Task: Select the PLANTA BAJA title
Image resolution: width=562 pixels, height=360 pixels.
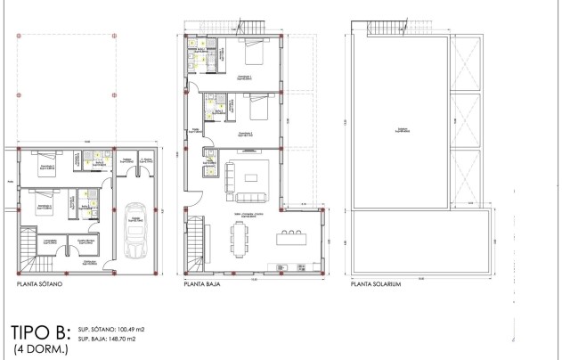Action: (x=202, y=288)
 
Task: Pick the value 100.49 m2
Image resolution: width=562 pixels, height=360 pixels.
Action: (x=126, y=329)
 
